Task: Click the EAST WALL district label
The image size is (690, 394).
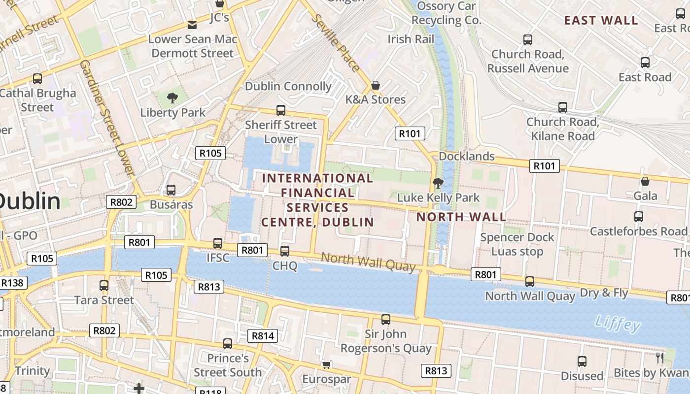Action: pyautogui.click(x=601, y=20)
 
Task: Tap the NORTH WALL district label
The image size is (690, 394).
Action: pyautogui.click(x=461, y=217)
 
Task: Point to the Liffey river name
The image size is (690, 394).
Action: pyautogui.click(x=618, y=323)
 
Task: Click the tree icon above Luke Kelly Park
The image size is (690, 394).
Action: pyautogui.click(x=437, y=183)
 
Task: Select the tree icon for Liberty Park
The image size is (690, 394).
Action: pyautogui.click(x=172, y=98)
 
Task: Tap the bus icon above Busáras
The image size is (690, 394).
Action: pyautogui.click(x=171, y=190)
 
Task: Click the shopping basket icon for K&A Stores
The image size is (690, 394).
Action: pyautogui.click(x=376, y=85)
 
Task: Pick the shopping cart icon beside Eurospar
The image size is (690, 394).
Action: pyautogui.click(x=326, y=364)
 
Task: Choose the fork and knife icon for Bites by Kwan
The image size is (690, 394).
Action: pyautogui.click(x=660, y=358)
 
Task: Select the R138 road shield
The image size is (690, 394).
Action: pyautogui.click(x=12, y=283)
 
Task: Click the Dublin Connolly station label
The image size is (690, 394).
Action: pyautogui.click(x=288, y=86)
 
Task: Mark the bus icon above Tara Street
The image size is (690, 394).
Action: pyautogui.click(x=104, y=285)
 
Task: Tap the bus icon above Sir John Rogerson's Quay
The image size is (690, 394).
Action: pyautogui.click(x=386, y=320)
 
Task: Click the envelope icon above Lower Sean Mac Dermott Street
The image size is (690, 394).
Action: pyautogui.click(x=192, y=25)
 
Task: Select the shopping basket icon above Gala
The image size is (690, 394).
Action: pyautogui.click(x=645, y=181)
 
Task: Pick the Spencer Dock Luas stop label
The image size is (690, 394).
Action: pyautogui.click(x=517, y=244)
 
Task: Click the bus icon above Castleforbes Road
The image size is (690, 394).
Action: pyautogui.click(x=639, y=216)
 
